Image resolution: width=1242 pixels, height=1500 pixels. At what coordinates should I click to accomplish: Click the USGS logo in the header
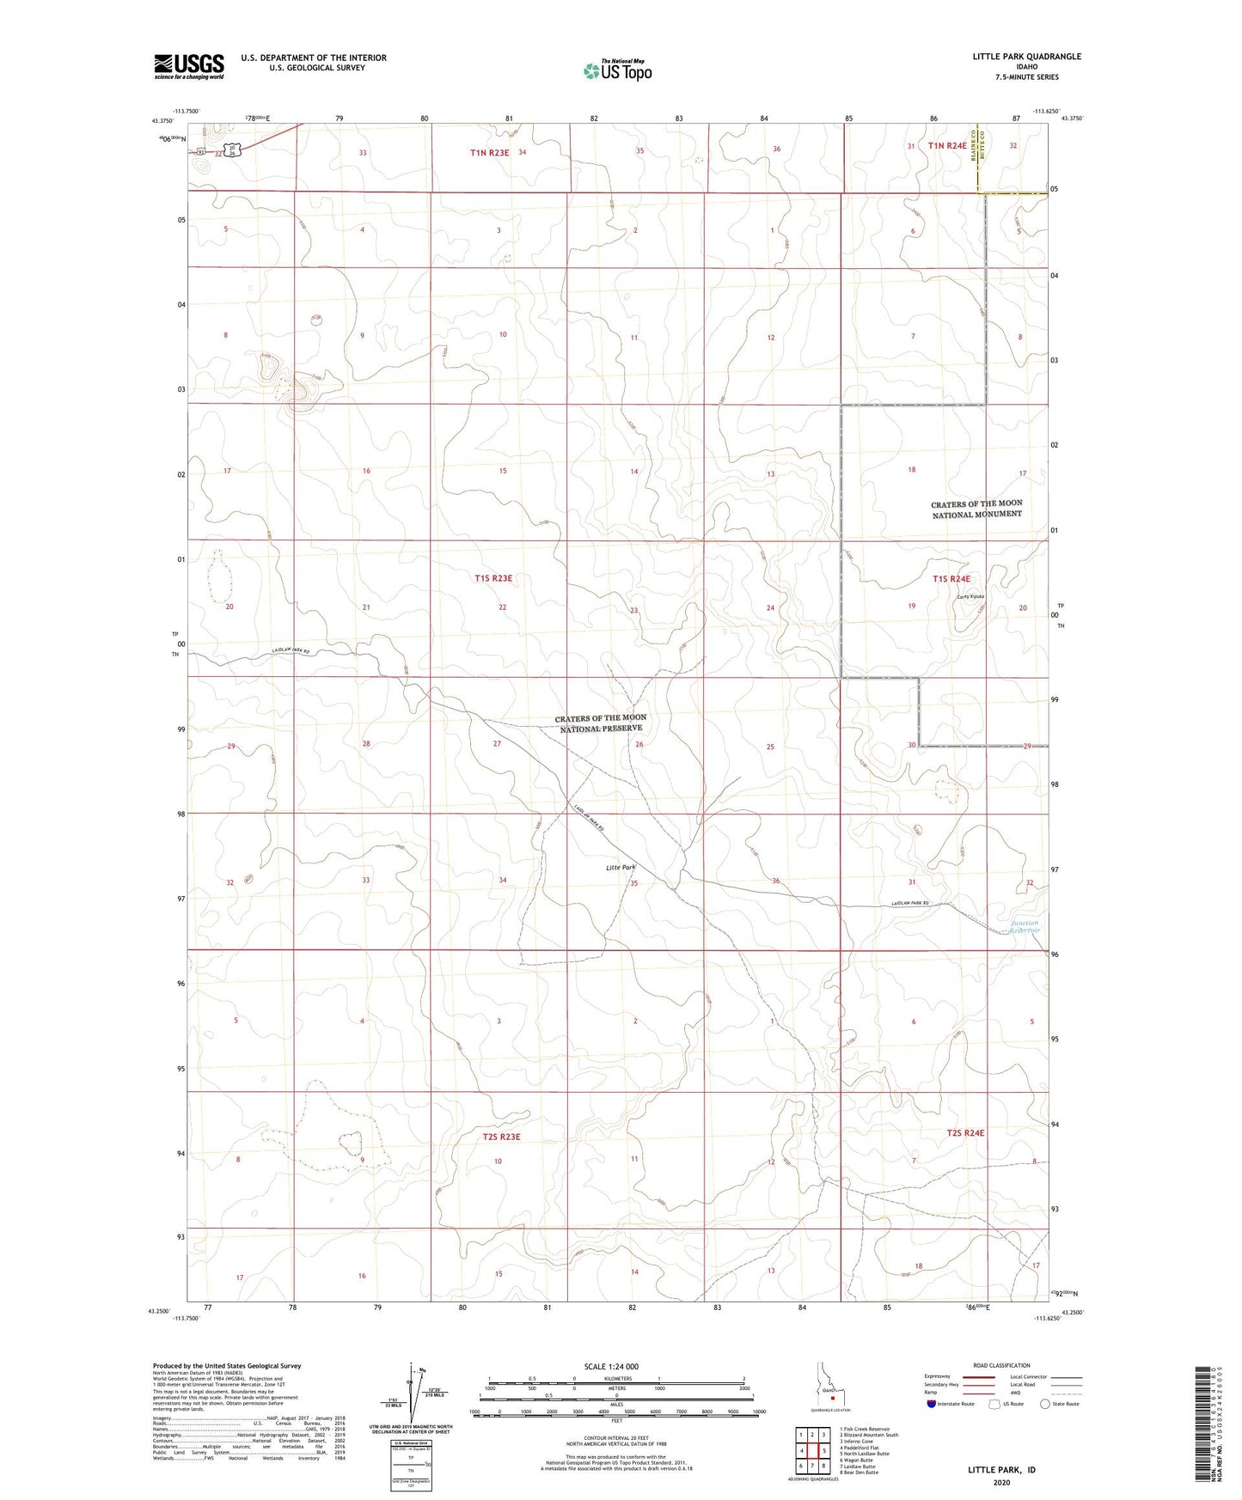pos(189,65)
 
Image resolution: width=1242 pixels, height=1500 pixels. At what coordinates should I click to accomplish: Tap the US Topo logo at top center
pos(615,70)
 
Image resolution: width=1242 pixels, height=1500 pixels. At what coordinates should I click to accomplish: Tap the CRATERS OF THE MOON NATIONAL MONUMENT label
pos(976,509)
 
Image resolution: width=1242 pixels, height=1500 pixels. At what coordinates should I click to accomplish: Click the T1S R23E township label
pos(493,579)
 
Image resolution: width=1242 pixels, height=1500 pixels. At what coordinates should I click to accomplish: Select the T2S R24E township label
pos(965,1132)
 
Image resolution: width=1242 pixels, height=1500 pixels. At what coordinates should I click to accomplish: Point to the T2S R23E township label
pos(502,1137)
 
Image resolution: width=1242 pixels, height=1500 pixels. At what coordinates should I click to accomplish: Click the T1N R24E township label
pos(947,146)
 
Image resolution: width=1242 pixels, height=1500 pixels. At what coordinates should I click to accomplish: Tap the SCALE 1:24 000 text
pos(611,1366)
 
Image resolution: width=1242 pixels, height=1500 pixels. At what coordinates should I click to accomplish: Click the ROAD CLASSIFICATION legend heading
pos(1002,1365)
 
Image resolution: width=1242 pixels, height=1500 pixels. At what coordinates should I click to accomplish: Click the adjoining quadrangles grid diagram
pos(812,1453)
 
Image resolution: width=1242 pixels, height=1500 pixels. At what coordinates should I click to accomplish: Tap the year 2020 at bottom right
pos(1001,1482)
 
